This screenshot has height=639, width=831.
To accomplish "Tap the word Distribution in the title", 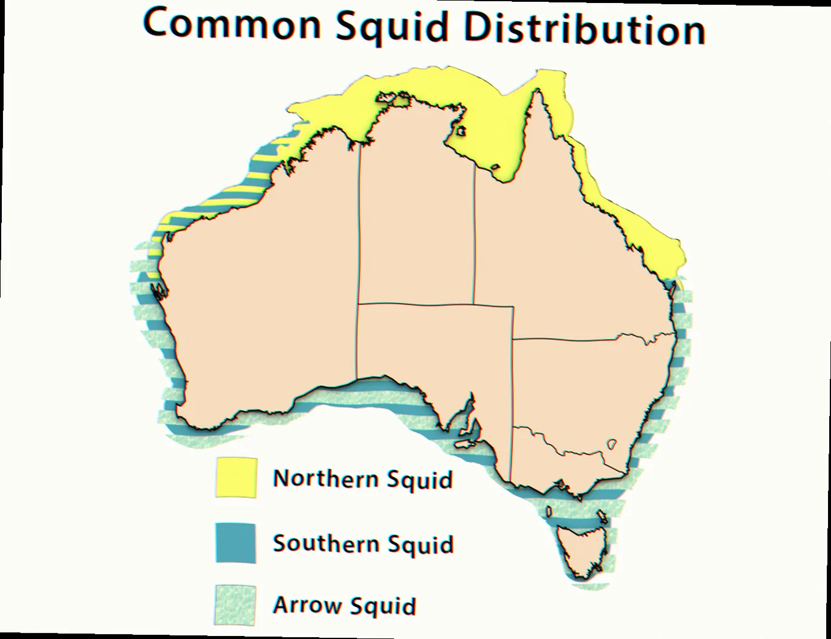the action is click(x=585, y=29).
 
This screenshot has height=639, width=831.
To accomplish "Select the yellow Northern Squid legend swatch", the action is click(x=236, y=478).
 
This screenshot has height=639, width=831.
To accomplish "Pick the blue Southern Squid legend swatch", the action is click(x=235, y=542).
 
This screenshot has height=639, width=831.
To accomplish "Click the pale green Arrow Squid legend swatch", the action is click(x=235, y=606).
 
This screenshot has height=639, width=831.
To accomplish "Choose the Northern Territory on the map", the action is click(x=417, y=213).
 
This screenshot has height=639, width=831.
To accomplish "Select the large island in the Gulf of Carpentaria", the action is click(x=461, y=131).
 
